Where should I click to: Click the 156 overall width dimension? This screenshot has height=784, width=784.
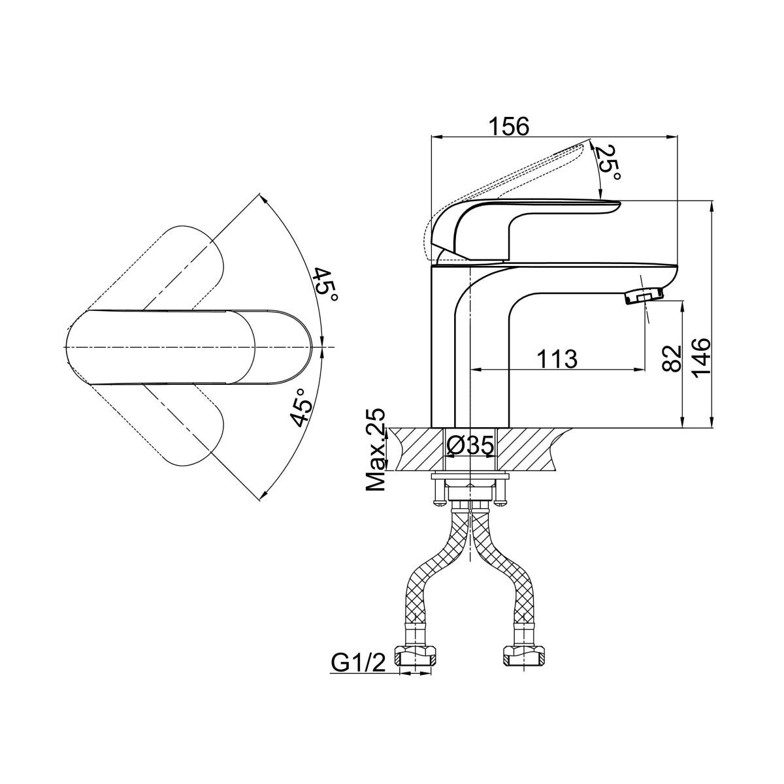point(509,126)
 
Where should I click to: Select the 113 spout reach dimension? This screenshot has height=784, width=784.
point(557,359)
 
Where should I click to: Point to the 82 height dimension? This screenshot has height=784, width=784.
point(672,359)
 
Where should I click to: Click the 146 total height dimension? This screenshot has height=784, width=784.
point(702,359)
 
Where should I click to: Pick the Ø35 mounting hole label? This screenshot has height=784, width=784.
point(470,447)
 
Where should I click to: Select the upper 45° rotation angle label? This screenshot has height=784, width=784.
point(325,284)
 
